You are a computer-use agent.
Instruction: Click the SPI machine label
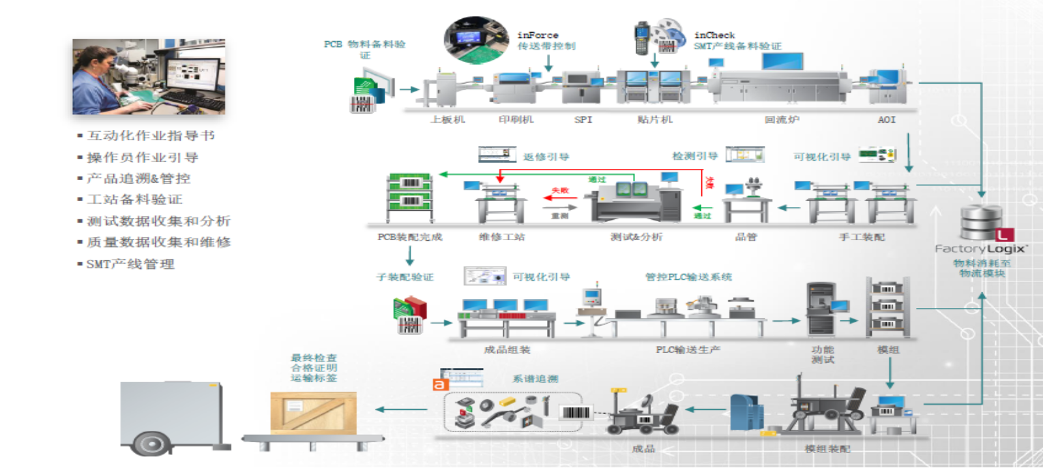tap(583, 119)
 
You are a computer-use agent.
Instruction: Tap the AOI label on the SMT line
tap(887, 119)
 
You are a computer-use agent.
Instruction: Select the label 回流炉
tap(782, 119)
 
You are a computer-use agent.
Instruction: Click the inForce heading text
tap(538, 35)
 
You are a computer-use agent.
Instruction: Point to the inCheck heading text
tap(714, 35)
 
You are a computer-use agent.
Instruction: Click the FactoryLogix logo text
tap(981, 249)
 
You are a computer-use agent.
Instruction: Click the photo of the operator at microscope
tap(149, 76)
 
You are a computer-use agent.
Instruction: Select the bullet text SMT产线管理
tap(130, 264)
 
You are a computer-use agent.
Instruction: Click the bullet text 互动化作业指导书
tap(151, 136)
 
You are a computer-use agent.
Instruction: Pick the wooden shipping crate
tap(314, 413)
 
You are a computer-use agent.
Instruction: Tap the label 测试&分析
tap(636, 237)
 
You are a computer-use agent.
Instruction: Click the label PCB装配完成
tap(410, 237)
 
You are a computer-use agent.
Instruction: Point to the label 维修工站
tap(501, 237)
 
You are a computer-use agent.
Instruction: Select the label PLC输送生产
tap(688, 350)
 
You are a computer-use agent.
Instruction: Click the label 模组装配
tap(827, 448)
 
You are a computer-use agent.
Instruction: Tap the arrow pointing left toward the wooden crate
tap(401, 410)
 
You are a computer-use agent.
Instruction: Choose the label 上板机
tap(447, 119)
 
